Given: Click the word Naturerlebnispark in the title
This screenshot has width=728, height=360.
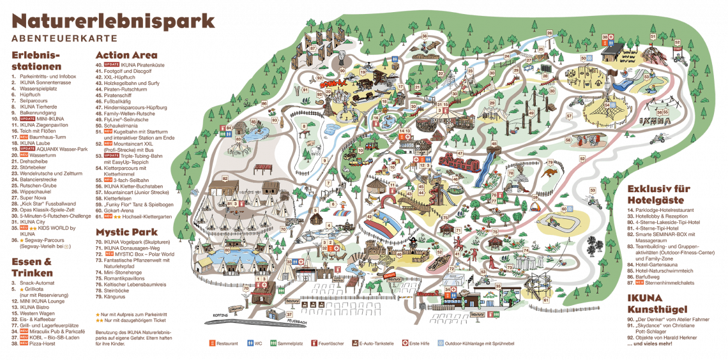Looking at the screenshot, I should pos(114,20).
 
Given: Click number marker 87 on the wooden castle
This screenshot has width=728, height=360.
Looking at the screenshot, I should pos(313,48).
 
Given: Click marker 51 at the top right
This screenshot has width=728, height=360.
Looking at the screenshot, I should pos(653,37).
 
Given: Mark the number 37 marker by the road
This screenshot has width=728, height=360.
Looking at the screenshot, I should pos(289,313).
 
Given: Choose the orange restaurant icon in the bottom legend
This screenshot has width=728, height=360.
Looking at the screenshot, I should pos(213,343).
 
